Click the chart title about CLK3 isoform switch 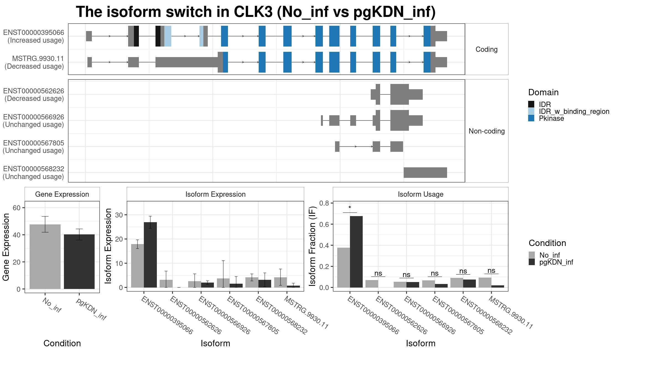256,12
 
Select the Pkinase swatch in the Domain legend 531,118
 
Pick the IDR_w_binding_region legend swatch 531,111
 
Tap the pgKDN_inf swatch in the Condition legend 532,262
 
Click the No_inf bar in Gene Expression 45,257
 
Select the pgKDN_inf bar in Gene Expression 79,262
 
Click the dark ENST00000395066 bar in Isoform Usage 356,252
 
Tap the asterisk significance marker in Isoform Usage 350,208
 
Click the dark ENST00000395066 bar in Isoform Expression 150,255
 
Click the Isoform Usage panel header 421,194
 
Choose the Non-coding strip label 487,131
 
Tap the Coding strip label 487,49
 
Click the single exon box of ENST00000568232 425,173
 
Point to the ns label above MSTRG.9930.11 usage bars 491,270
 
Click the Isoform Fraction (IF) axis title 312,246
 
